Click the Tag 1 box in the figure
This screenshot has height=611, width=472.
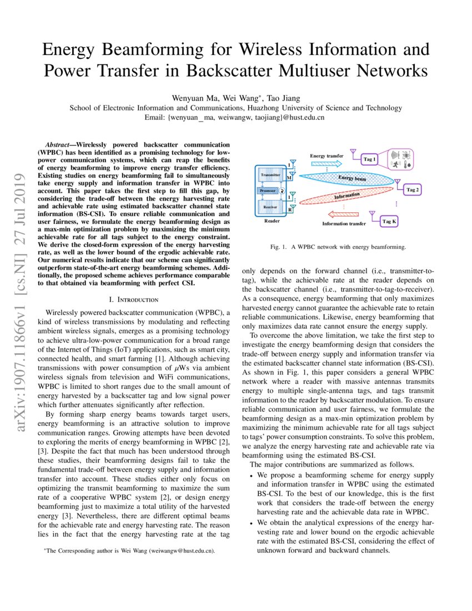[370, 159]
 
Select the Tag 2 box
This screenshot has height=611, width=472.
[413, 190]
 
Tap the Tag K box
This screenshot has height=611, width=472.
[389, 222]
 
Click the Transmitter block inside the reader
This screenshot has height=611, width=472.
[270, 175]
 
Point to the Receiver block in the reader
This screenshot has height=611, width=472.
[270, 207]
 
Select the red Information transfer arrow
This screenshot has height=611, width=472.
[344, 214]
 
